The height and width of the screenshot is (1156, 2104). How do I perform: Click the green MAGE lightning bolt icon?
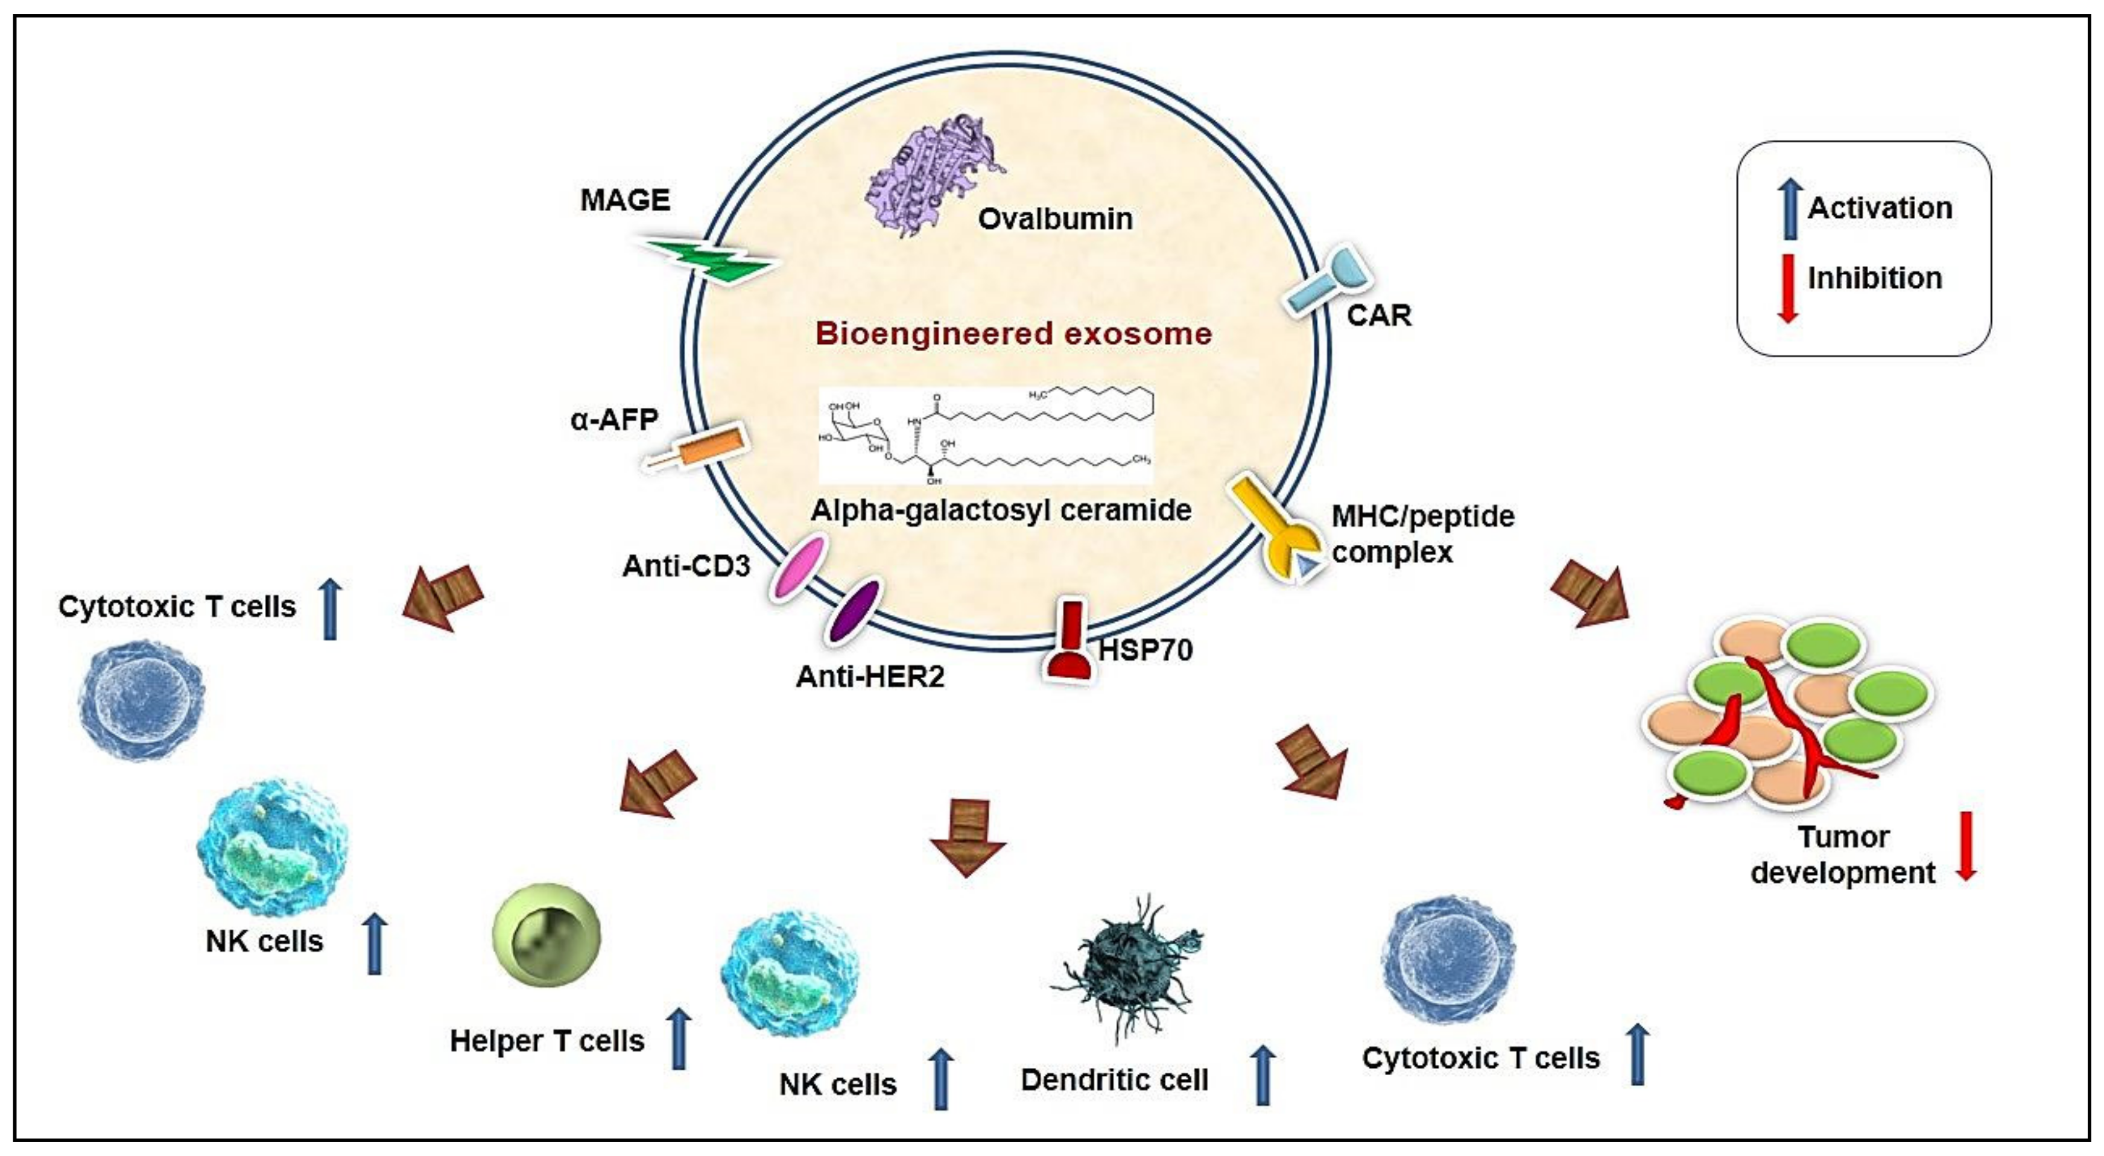coord(709,260)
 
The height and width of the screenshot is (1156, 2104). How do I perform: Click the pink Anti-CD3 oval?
coord(798,568)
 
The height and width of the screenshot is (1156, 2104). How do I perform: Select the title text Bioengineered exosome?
coord(1013,333)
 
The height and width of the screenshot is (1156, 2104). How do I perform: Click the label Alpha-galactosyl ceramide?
coord(1001,510)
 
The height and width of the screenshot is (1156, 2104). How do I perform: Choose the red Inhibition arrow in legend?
coord(1788,288)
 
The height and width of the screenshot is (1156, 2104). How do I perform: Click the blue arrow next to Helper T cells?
coord(679,1038)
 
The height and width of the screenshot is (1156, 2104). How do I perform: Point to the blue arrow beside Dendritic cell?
coord(1263,1075)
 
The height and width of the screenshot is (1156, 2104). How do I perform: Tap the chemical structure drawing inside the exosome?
coord(986,437)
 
